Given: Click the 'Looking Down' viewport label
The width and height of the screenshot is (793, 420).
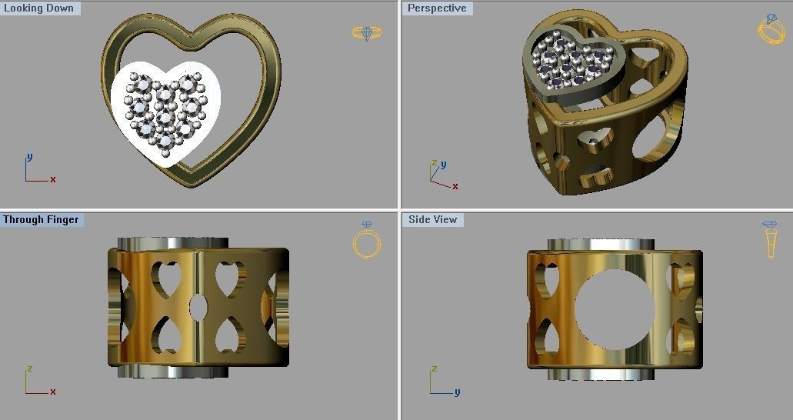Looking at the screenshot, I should coord(39,8).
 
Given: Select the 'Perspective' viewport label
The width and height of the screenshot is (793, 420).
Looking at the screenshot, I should coord(437,8).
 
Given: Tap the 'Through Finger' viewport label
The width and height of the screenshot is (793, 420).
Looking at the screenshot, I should coord(41,220).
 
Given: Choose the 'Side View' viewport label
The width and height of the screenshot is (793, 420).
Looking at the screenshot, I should coord(433,220).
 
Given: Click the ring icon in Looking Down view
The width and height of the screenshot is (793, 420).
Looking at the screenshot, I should coord(366,32).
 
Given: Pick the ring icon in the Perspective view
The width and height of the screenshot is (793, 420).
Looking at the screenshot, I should coord(770,30).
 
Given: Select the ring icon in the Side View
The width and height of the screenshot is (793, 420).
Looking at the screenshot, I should coord(769,240).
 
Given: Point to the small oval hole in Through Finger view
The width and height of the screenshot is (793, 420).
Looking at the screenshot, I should coord(198,307).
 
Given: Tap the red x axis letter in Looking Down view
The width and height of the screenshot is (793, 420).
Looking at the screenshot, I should coord(53,179).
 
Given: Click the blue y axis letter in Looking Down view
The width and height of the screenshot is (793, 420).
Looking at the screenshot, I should coord(29,157).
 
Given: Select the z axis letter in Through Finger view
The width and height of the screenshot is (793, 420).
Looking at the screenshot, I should coord(29,369).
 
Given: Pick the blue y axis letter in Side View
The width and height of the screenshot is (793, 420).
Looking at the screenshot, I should coord(456,392).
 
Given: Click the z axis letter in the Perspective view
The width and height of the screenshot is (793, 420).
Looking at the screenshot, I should coord(435,164).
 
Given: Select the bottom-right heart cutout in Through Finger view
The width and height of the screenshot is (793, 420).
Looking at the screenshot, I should coord(228,336).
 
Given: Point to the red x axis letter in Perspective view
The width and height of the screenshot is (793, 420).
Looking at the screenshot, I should coord(455,186).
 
